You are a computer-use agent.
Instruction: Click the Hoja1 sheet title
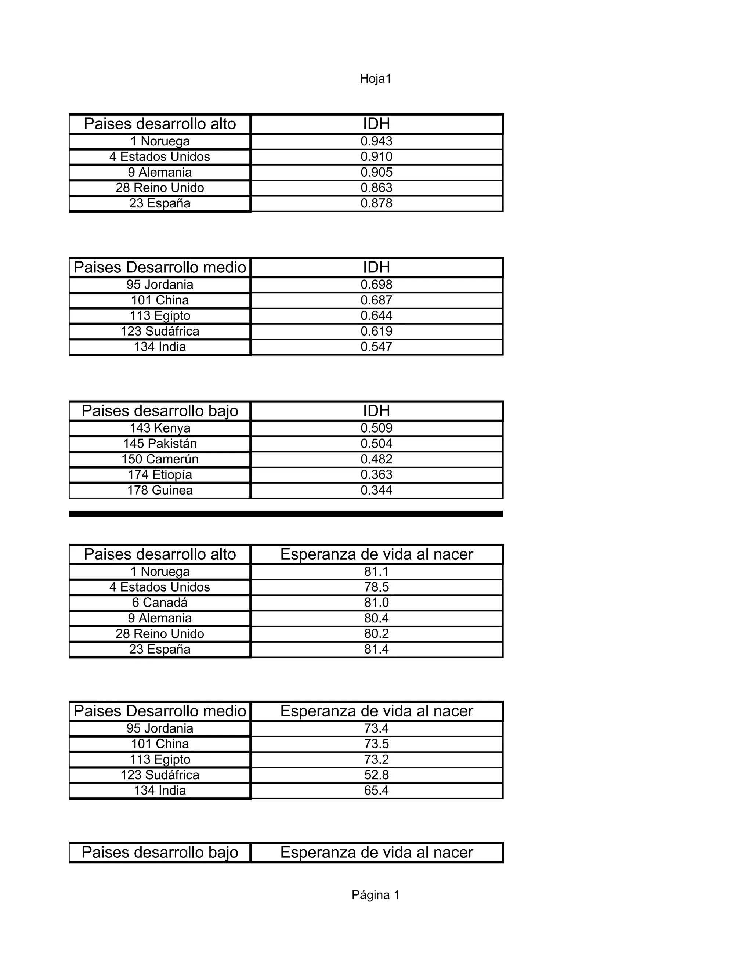(376, 79)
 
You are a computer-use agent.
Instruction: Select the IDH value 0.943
(376, 141)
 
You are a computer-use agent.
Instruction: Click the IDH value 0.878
(376, 203)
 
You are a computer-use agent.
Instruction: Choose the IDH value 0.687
(376, 300)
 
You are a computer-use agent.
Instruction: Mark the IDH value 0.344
(376, 490)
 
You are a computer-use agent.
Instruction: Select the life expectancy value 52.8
(376, 775)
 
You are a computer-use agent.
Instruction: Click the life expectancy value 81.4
(376, 649)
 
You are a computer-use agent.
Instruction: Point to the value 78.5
(376, 587)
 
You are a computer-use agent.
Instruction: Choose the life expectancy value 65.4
(376, 791)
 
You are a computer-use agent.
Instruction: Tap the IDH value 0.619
(376, 331)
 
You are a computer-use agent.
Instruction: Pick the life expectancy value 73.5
(376, 744)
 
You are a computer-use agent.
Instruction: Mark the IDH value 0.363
(376, 474)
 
